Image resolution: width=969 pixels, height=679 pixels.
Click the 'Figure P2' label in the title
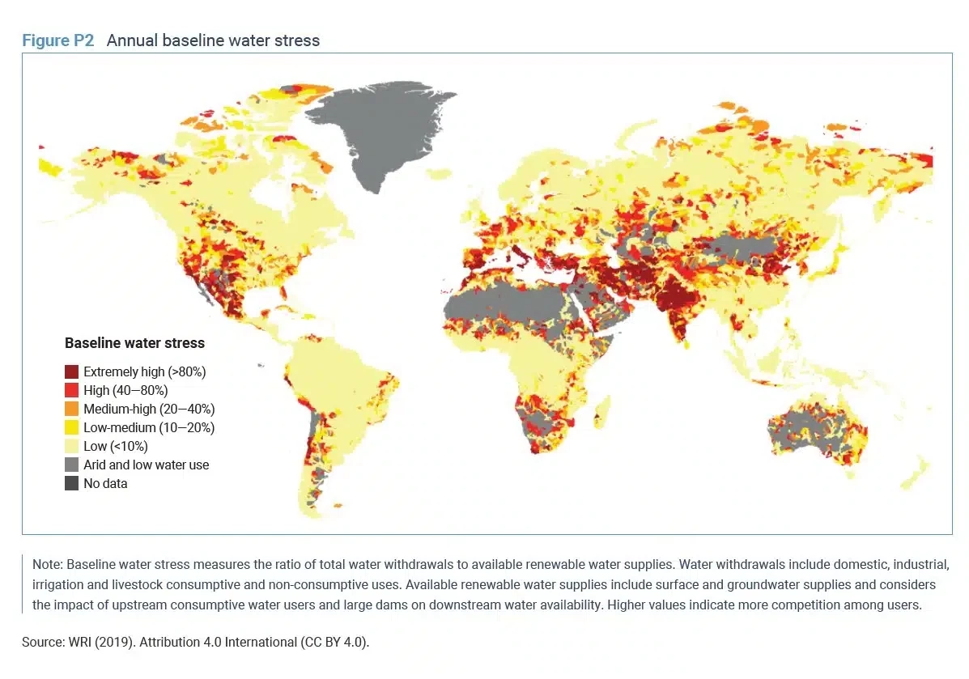(58, 40)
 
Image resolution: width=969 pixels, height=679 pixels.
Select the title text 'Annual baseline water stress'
(213, 40)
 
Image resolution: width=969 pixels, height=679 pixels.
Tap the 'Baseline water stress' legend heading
(134, 343)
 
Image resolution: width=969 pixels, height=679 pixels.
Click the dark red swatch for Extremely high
(72, 372)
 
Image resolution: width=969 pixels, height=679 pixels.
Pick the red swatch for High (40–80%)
(72, 391)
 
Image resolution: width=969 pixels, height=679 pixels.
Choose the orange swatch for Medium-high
(72, 410)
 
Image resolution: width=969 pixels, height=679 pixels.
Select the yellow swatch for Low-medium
(72, 427)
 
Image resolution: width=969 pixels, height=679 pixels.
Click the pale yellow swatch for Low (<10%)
(72, 446)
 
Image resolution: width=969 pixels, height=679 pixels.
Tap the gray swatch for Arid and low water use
(72, 465)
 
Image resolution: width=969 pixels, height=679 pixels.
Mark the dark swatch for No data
(72, 483)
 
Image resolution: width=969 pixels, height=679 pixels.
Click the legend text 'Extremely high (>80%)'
(145, 372)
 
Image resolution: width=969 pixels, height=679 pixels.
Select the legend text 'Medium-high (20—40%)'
(149, 410)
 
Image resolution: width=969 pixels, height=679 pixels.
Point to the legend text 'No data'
(105, 483)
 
